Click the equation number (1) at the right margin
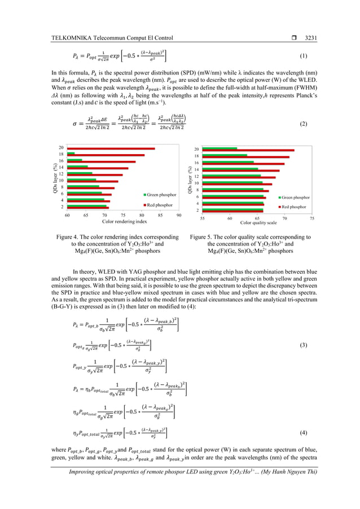point(303,56)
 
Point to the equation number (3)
point(303,344)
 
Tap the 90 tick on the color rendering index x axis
point(179,215)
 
